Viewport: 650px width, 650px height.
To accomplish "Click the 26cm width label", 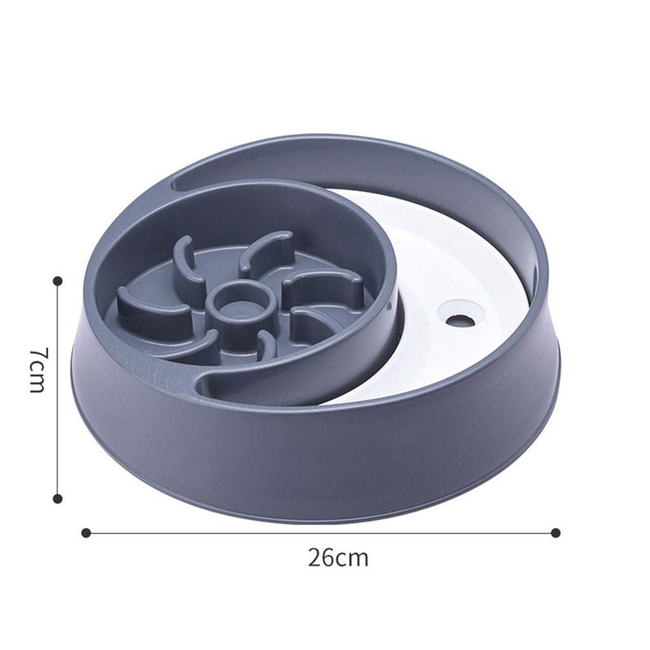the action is (x=338, y=557).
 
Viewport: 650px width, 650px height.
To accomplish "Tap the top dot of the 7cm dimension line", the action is (x=58, y=281).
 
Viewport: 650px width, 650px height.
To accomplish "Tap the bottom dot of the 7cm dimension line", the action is (x=58, y=498).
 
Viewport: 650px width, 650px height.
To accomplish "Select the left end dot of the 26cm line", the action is (x=86, y=533).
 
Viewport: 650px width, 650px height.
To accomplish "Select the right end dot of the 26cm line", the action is (x=556, y=533).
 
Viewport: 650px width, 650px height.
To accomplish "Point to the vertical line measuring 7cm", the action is (x=58, y=389).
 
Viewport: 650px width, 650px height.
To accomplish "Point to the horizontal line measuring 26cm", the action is (x=321, y=533).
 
